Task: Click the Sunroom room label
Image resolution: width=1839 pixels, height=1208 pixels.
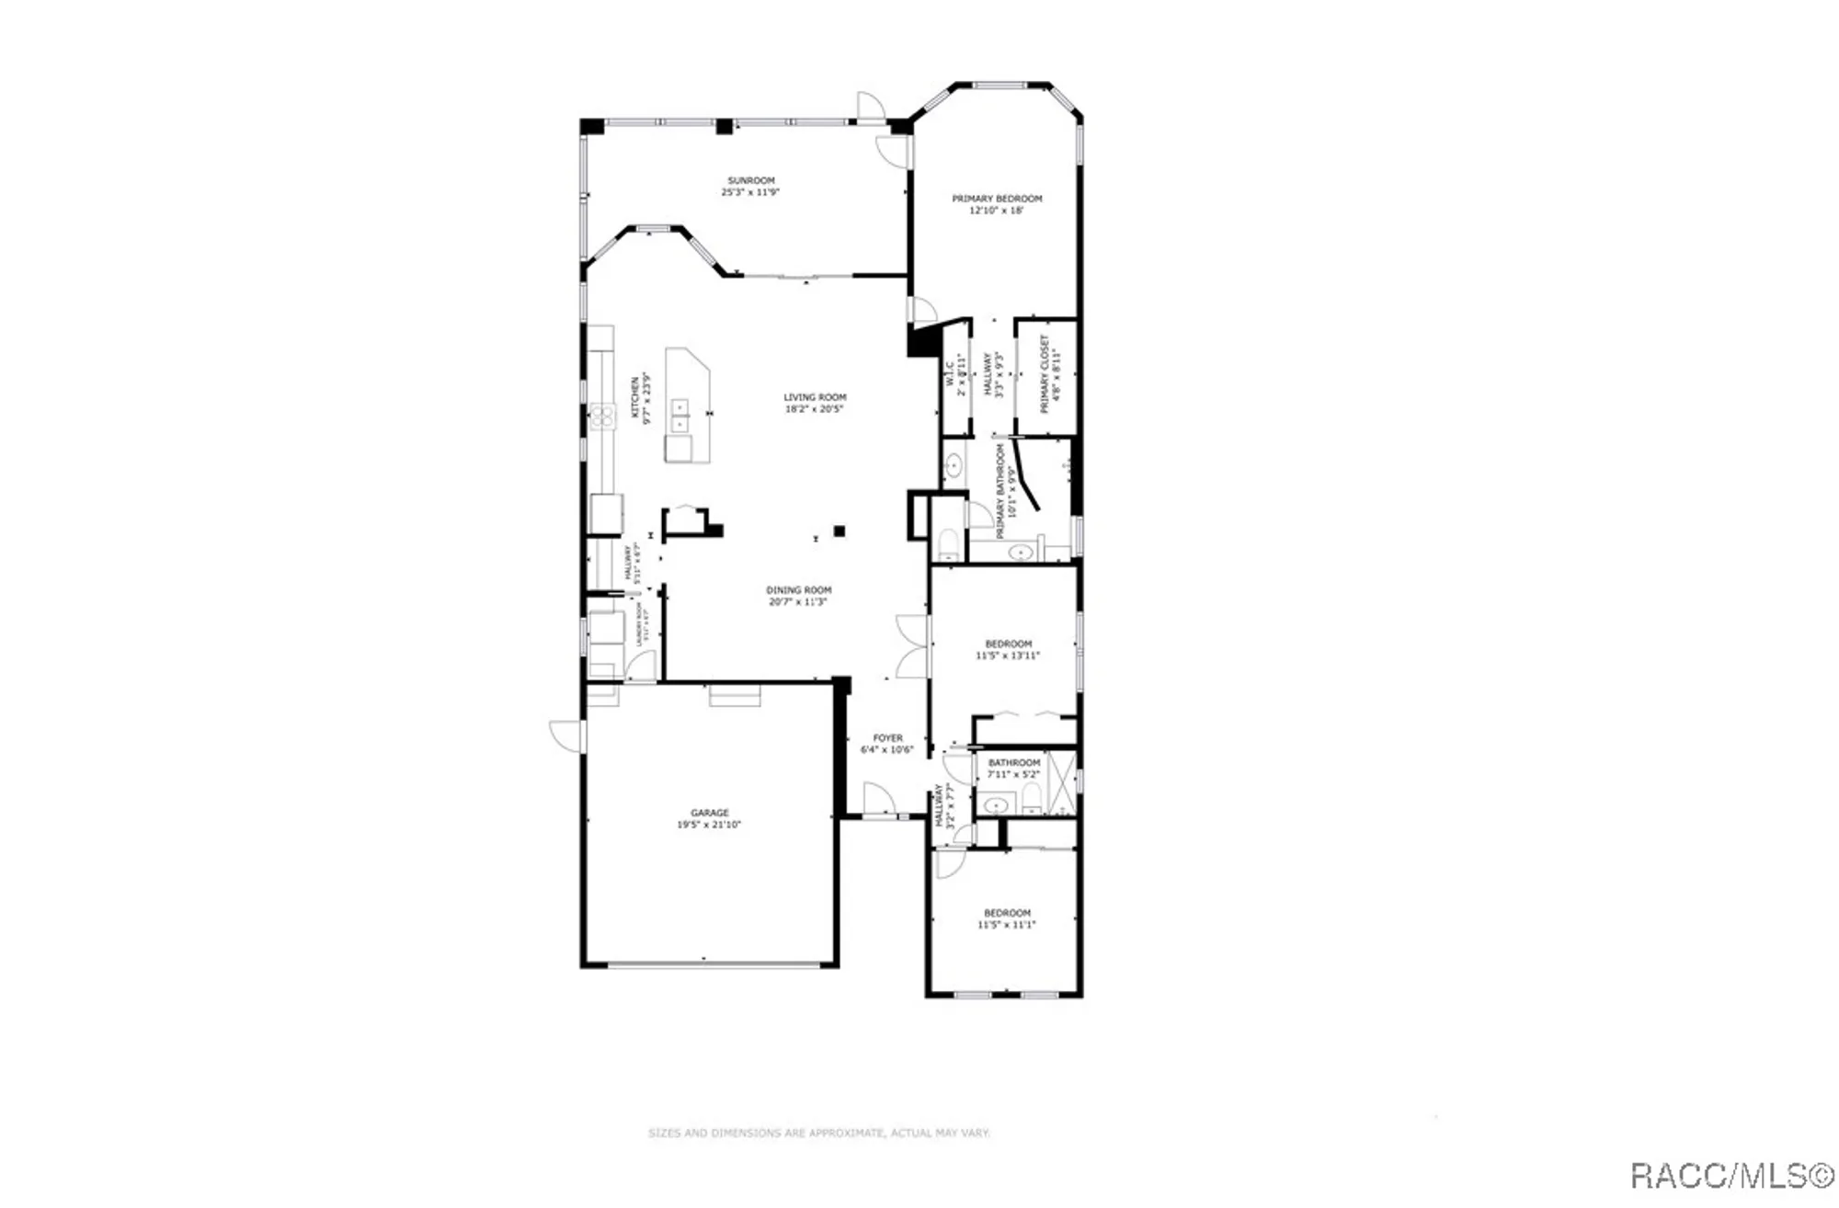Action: [x=750, y=180]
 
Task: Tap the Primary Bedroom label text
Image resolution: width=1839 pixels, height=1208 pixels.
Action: [x=997, y=199]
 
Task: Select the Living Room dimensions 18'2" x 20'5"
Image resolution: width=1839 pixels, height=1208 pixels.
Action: [x=815, y=409]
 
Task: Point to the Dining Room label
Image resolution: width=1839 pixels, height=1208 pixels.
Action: [x=798, y=590]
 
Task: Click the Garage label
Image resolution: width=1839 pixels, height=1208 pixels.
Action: [x=709, y=813]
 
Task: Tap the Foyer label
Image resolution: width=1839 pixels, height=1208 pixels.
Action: [x=887, y=737]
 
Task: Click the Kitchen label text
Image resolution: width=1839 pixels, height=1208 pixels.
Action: [x=634, y=397]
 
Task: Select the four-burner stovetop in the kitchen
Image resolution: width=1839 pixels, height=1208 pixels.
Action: [x=603, y=417]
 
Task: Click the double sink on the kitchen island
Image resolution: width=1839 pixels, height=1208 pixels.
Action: [x=680, y=416]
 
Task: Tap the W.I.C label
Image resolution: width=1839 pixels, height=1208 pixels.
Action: [x=950, y=372]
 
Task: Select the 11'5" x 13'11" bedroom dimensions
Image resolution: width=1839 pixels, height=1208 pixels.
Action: [x=1008, y=655]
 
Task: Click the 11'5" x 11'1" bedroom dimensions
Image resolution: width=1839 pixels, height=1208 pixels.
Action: [x=1007, y=925]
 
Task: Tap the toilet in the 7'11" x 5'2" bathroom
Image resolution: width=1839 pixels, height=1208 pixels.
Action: [x=1032, y=797]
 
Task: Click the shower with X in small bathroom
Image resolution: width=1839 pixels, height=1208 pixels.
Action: [x=1061, y=782]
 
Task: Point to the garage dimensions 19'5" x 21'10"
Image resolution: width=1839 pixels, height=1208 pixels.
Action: [x=709, y=825]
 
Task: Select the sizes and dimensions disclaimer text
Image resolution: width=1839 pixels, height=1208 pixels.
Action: [x=818, y=1133]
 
